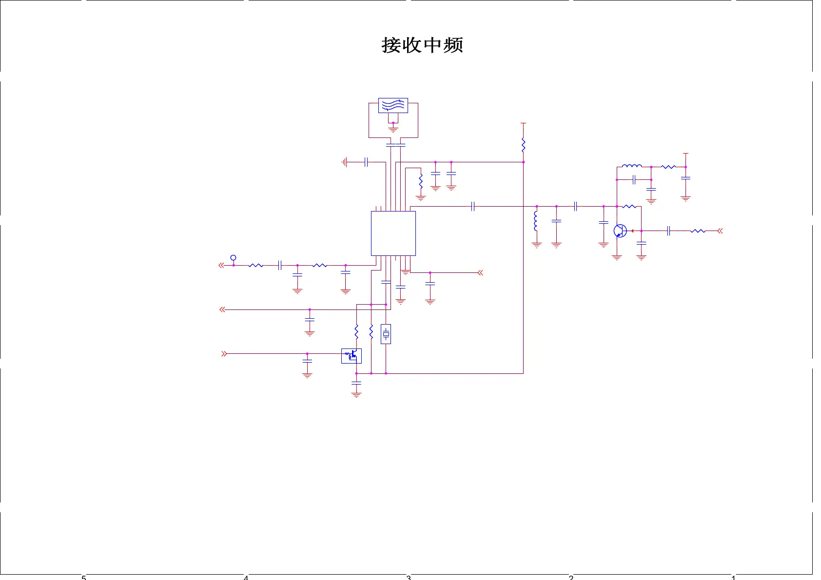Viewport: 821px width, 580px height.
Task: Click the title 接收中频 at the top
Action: tap(422, 45)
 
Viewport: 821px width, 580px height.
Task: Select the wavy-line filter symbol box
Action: tap(393, 105)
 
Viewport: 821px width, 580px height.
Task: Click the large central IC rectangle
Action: tap(393, 233)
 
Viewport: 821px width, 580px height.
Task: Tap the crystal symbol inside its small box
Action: tap(386, 334)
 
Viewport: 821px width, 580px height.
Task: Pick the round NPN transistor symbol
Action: tap(620, 231)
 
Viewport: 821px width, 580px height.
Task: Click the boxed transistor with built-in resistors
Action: tap(352, 356)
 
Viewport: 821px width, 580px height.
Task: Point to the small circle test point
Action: tap(233, 258)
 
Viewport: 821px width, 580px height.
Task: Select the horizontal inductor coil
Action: tap(632, 166)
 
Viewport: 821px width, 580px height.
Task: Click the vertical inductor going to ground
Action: tap(536, 221)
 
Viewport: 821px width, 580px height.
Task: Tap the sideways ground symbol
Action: tap(345, 162)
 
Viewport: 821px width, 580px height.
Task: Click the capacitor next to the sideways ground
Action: tap(366, 162)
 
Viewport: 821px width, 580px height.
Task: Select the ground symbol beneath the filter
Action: tap(393, 129)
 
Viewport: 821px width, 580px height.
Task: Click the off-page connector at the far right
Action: tap(720, 231)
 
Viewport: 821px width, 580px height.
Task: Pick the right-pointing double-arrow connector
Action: tap(224, 353)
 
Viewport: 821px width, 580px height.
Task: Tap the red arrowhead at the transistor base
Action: tap(632, 231)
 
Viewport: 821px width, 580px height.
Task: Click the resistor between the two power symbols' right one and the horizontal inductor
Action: tap(668, 167)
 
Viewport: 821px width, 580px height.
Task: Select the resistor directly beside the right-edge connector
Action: tap(698, 231)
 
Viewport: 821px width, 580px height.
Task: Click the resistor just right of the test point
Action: tap(255, 265)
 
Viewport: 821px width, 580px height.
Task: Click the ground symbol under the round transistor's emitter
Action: tap(617, 257)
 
